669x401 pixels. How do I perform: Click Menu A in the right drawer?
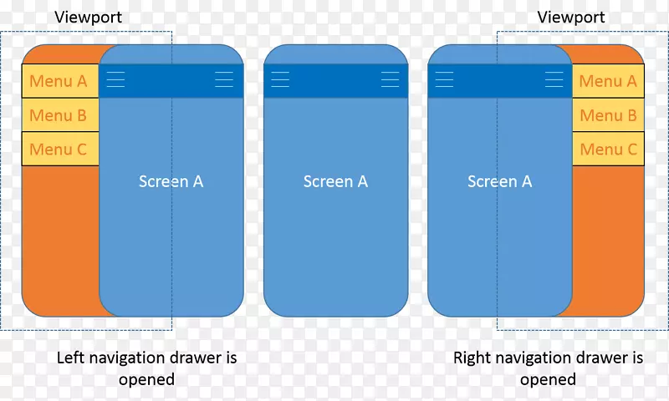[608, 81]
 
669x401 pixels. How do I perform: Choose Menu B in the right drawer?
[608, 115]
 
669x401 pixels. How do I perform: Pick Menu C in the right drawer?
[608, 150]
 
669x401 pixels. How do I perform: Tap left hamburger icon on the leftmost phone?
[115, 79]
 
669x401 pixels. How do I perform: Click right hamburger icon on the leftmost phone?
[224, 79]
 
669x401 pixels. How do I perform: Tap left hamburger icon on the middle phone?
[280, 79]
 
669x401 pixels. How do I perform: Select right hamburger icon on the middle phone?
[390, 79]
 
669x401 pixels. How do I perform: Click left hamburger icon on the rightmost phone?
[444, 79]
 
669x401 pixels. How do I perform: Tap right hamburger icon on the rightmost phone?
[554, 79]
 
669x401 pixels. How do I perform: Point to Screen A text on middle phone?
[335, 181]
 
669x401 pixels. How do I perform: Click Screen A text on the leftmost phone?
[171, 181]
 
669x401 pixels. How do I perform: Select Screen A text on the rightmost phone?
[499, 181]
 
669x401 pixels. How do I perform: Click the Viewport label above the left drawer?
[89, 18]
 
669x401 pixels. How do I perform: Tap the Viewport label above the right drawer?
[571, 18]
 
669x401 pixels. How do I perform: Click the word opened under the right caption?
[548, 379]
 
